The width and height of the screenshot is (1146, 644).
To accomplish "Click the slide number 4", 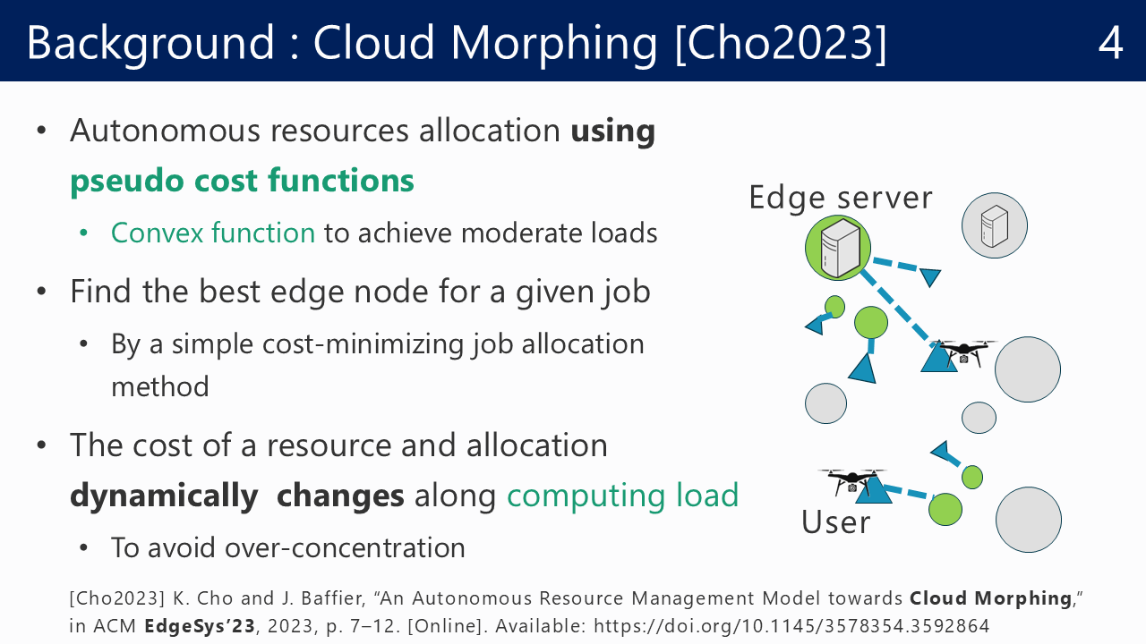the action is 1110,43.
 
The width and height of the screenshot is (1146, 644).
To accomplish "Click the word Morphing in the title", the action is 553,44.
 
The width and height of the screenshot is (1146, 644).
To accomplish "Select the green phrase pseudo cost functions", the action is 242,182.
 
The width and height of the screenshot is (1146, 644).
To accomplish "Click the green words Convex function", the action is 213,233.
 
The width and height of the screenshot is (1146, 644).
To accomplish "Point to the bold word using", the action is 613,131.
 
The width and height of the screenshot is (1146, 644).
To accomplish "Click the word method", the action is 160,386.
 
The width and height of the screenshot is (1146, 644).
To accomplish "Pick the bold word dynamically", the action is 164,496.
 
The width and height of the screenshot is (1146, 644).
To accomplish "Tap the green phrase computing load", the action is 622,496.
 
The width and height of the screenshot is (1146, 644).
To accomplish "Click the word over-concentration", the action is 345,548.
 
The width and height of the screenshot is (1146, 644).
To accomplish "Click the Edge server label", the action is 841,198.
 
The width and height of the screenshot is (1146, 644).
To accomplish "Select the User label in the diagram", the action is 835,522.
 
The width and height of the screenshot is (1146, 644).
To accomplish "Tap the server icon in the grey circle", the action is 994,226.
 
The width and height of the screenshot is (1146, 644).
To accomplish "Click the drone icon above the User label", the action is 851,481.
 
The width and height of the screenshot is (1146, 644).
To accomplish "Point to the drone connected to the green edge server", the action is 964,352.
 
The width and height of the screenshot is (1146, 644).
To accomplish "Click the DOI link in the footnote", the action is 791,625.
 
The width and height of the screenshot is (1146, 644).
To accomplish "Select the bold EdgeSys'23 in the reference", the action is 200,625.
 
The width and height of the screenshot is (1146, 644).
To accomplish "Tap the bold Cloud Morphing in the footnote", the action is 990,598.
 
